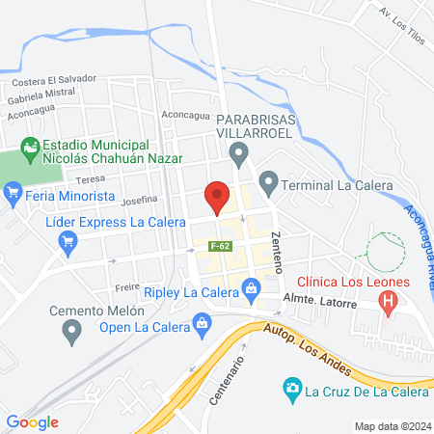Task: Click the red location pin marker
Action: [217, 196]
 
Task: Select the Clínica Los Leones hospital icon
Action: [389, 303]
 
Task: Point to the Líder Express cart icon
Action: [68, 242]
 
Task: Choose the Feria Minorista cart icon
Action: [14, 195]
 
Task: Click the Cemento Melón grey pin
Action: [71, 333]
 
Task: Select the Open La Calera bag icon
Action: [202, 325]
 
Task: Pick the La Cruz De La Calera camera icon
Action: [290, 390]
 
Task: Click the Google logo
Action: [33, 421]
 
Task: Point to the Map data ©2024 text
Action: [391, 426]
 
